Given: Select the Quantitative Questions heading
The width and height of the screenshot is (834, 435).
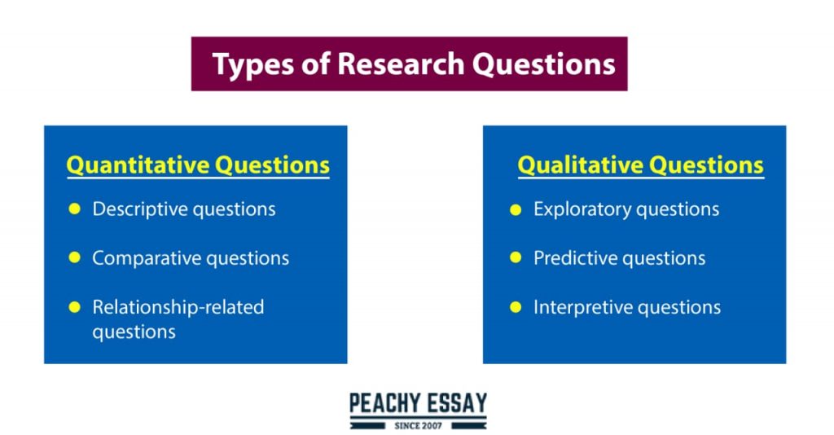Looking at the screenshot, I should tap(198, 165).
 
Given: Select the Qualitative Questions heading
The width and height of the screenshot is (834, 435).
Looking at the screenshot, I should tap(640, 165).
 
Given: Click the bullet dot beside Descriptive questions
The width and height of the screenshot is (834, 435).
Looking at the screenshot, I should tap(75, 209).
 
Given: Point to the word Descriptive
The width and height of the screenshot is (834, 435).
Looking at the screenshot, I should tap(138, 209).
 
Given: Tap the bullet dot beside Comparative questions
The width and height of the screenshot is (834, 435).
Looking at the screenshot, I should tap(75, 258).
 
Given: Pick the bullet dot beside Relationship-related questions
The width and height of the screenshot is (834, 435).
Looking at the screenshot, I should tap(75, 307).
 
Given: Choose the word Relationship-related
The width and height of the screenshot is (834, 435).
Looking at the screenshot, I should tap(178, 307).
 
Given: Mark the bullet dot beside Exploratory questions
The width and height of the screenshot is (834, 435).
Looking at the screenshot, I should tap(516, 209).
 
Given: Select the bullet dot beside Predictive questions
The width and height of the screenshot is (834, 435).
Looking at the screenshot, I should tap(516, 258).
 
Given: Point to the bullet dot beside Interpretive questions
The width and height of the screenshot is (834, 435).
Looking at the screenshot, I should tap(516, 307).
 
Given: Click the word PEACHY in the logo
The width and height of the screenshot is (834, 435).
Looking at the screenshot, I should tap(384, 402).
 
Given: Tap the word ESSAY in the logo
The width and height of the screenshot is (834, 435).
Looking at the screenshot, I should tap(455, 402).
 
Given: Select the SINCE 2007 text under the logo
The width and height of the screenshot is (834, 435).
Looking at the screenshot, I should tap(418, 425).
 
